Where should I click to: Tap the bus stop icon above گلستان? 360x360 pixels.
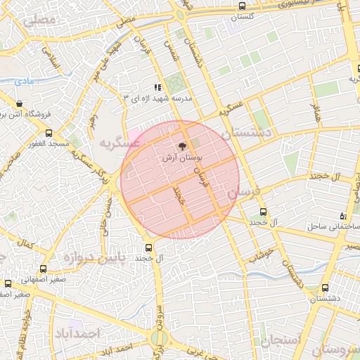tap(243, 6)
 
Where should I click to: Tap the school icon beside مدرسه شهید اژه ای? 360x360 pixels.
tap(158, 87)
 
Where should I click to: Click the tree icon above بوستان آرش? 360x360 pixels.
tap(182, 147)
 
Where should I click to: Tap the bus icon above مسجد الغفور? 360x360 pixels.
tap(49, 133)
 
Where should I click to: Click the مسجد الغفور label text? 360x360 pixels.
tap(49, 143)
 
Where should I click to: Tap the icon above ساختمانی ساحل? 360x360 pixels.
tap(343, 216)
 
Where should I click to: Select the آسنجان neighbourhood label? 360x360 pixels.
tap(280, 342)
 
